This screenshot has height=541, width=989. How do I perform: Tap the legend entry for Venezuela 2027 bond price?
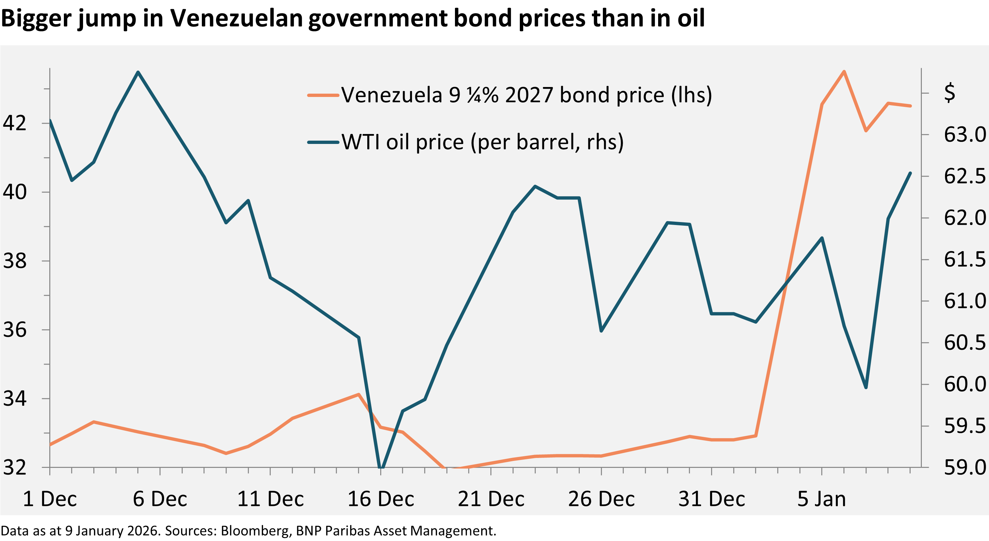click(526, 95)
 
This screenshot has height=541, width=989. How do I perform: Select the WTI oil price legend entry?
click(482, 142)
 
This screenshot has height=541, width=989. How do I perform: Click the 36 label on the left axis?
click(15, 330)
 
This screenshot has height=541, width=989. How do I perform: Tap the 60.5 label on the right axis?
click(964, 342)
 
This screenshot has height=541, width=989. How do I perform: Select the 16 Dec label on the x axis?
click(381, 499)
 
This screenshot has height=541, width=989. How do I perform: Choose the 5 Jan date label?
click(822, 499)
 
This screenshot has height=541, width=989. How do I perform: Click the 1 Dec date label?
click(50, 499)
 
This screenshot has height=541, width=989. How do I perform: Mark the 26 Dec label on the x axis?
click(601, 499)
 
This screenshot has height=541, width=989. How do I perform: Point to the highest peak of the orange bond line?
click(844, 71)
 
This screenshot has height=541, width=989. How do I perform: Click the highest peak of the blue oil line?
click(138, 72)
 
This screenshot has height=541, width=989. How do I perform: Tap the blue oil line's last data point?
click(910, 173)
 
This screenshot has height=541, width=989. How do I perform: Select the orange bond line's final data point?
click(910, 106)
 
